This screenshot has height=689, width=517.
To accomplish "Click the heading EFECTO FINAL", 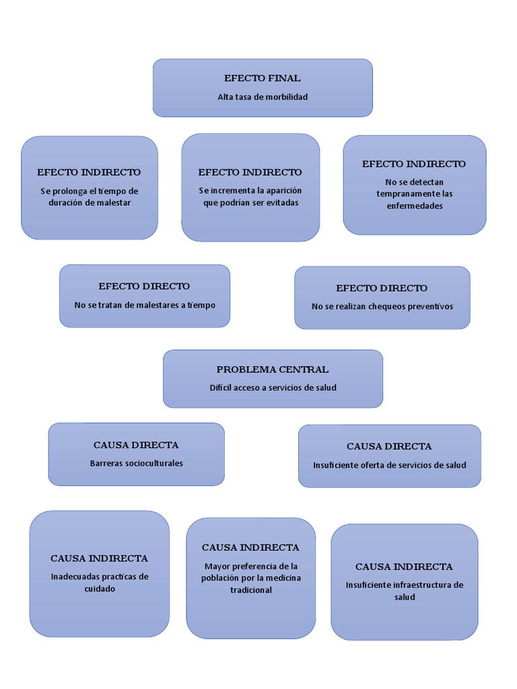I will click(x=263, y=78).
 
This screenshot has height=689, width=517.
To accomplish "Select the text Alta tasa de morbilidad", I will click(x=263, y=97).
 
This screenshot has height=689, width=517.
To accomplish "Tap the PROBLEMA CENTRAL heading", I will click(x=273, y=369).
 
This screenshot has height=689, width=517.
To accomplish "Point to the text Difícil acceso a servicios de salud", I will click(x=273, y=388).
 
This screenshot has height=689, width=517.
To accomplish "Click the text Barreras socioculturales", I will click(x=136, y=463).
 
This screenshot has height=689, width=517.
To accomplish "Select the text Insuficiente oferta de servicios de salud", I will click(x=389, y=465).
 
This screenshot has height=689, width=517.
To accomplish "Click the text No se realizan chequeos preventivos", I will click(x=382, y=306).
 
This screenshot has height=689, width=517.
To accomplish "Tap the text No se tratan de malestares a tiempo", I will click(x=145, y=305).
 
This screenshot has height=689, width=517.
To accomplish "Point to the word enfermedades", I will click(x=414, y=206).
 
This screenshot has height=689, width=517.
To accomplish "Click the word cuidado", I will click(x=100, y=589).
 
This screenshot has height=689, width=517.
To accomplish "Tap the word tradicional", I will click(x=250, y=590).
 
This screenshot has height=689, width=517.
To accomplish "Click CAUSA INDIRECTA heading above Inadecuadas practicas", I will click(x=99, y=558).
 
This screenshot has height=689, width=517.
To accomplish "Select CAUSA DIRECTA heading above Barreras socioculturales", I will click(x=136, y=445).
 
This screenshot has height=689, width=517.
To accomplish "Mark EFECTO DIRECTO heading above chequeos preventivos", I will click(x=382, y=288).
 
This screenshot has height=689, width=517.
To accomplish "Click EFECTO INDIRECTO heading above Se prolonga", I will click(x=89, y=172).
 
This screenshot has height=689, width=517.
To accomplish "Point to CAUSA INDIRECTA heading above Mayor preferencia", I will click(x=250, y=547).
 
